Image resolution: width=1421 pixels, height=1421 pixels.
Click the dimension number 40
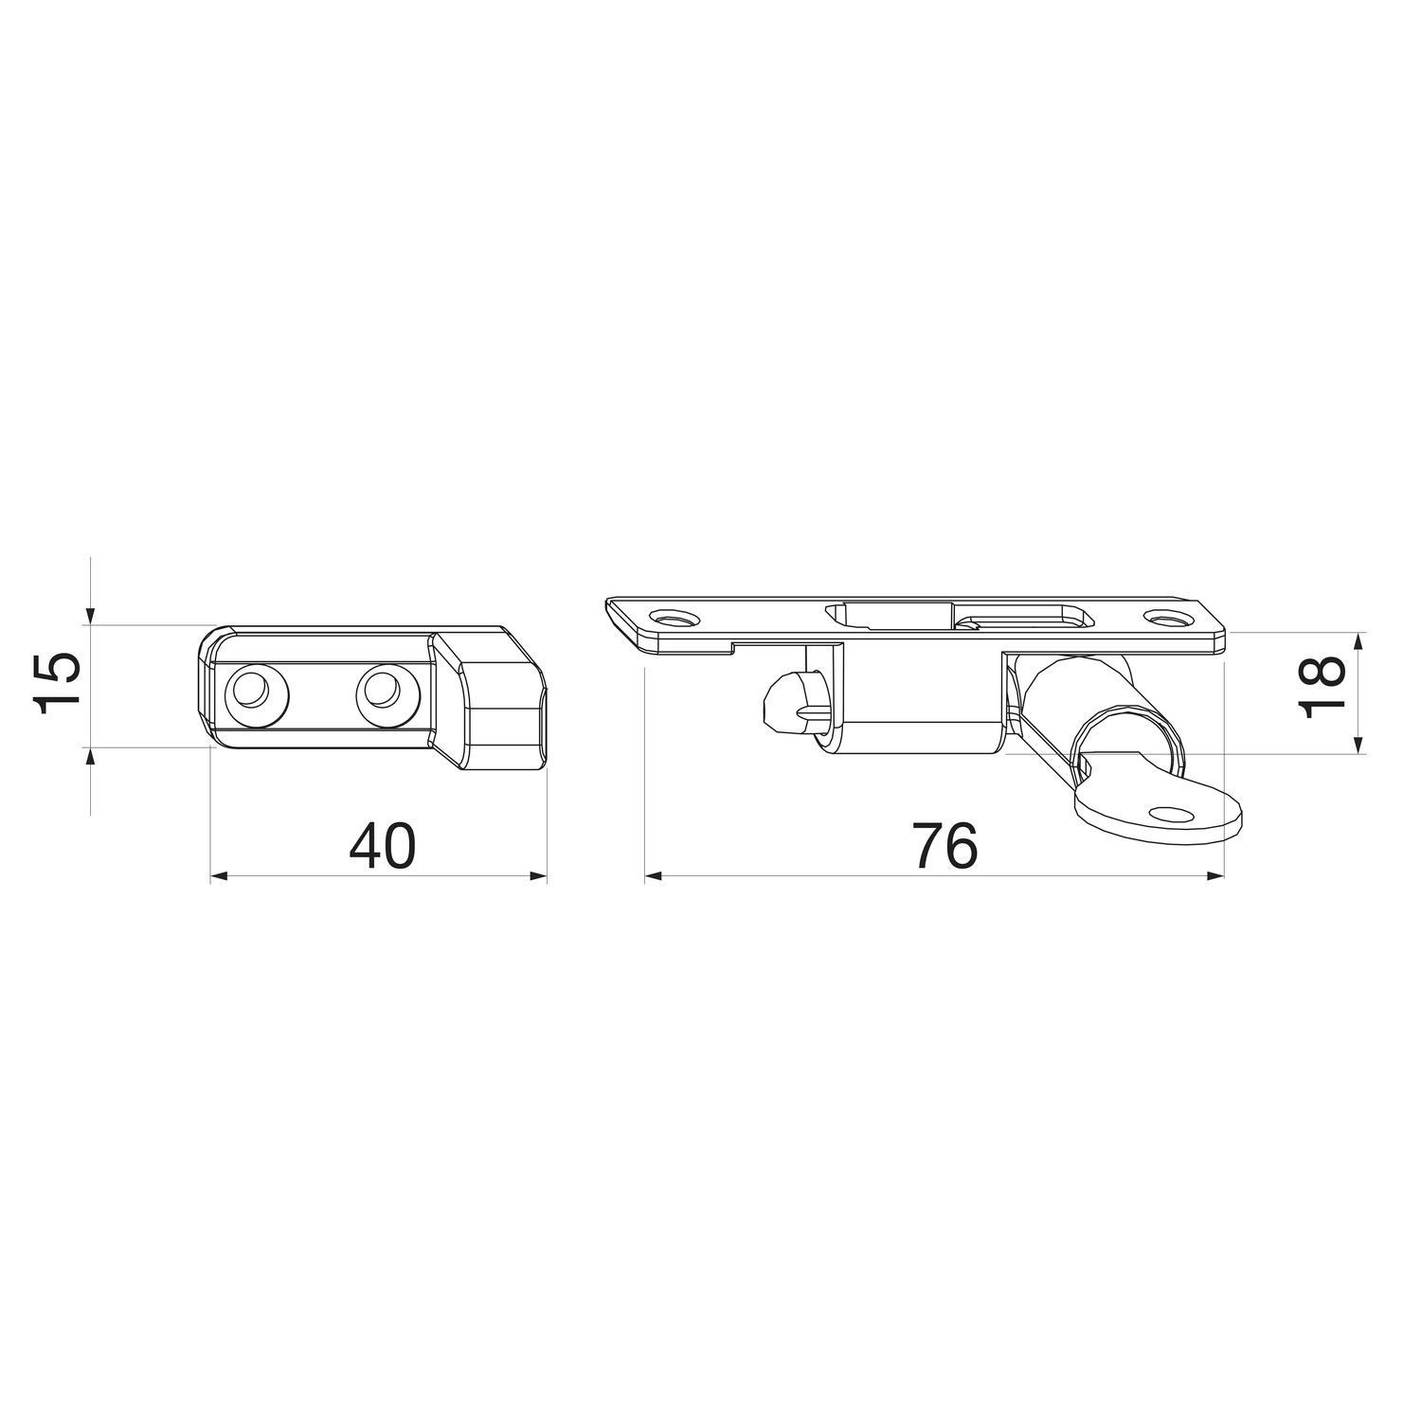tap(382, 846)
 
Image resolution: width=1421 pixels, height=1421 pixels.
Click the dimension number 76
tap(944, 846)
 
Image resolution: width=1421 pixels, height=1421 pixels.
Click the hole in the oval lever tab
tap(1172, 813)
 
